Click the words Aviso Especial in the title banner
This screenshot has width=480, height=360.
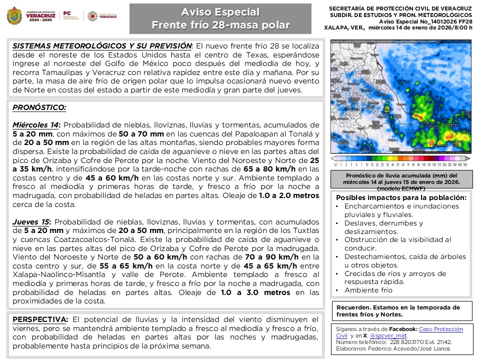pos(220,12)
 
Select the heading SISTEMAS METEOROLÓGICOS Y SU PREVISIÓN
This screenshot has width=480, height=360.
pos(102,45)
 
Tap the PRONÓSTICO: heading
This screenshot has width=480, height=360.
pos(39,107)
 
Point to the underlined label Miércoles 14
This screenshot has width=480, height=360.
pos(36,125)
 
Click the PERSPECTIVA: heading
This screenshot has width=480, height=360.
pos(40,319)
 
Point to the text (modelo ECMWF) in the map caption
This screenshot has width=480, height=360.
pos(401,188)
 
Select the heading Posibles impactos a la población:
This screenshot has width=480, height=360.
pos(401,197)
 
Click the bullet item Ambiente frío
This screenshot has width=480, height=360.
pos(368,290)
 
